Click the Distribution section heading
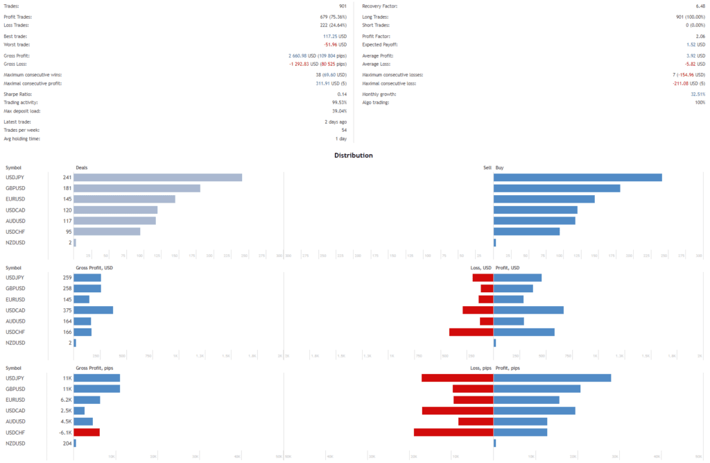[x=354, y=155]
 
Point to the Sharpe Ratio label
[x=18, y=94]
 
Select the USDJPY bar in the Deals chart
[x=157, y=177]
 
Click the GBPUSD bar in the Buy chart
[x=556, y=188]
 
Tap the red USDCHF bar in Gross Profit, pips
[x=87, y=432]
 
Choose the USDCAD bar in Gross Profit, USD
[x=93, y=310]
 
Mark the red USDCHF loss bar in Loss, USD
[x=471, y=332]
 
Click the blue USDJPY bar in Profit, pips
[x=552, y=378]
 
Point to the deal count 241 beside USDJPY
[x=67, y=177]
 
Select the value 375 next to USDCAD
[x=67, y=310]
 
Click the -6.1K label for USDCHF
[x=66, y=432]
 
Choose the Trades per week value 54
[x=343, y=130]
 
